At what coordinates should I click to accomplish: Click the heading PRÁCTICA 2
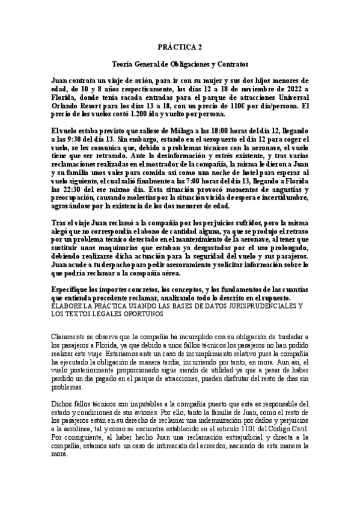click(180, 46)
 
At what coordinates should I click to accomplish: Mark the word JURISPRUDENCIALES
click(261, 306)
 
